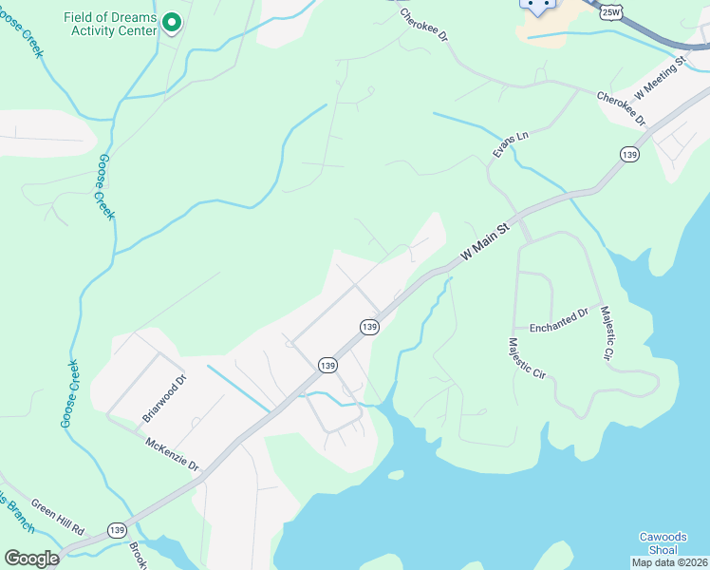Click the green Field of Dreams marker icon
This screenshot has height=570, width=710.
click(x=171, y=21)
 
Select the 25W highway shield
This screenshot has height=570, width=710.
click(x=611, y=9)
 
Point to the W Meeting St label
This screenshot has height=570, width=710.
click(x=660, y=78)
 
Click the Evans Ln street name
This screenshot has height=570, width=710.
click(x=509, y=144)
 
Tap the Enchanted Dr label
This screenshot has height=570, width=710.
click(x=559, y=319)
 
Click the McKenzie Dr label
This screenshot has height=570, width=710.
click(x=172, y=455)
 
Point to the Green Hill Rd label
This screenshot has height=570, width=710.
click(x=58, y=515)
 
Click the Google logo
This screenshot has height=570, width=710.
click(x=31, y=559)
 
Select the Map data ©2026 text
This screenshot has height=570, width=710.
click(x=669, y=562)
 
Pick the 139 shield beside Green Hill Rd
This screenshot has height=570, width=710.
click(x=117, y=530)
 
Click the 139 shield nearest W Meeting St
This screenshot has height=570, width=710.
click(x=628, y=154)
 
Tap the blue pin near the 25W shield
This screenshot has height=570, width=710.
click(x=537, y=6)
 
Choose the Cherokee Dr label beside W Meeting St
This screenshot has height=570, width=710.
click(x=621, y=108)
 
